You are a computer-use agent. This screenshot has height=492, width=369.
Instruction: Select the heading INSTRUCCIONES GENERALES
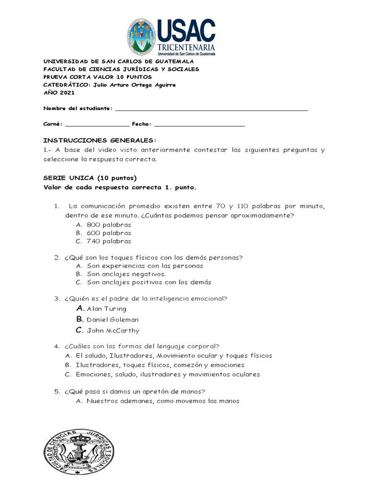[x=100, y=140]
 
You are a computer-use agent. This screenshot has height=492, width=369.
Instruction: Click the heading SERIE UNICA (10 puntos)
[x=90, y=178]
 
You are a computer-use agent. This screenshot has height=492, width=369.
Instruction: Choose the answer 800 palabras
[x=109, y=224]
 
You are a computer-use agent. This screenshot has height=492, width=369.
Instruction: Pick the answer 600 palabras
[x=109, y=233]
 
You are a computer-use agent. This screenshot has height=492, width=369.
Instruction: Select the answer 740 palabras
[x=109, y=241]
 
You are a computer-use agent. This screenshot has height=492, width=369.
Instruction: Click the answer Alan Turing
[x=107, y=309]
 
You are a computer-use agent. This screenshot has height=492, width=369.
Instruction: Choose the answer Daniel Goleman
[x=112, y=320]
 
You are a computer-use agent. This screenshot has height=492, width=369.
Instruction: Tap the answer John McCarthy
[x=113, y=331]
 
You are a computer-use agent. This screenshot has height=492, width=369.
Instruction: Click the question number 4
[x=56, y=346]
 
